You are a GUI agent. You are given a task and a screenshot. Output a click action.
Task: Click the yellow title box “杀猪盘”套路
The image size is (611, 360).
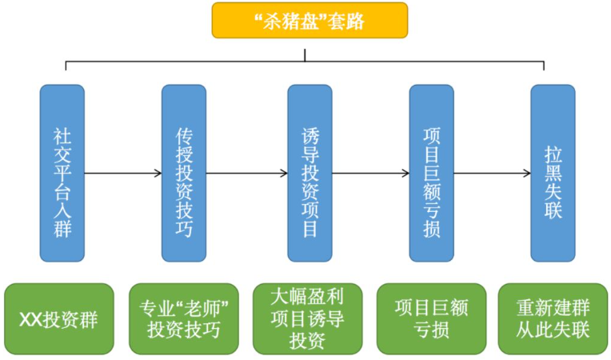tap(309, 20)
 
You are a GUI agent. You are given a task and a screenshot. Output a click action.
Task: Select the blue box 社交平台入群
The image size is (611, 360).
tap(62, 173)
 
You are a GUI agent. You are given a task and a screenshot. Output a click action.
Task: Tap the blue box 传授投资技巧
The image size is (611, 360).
tap(184, 173)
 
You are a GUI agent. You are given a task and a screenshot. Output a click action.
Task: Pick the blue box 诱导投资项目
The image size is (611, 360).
tap(309, 173)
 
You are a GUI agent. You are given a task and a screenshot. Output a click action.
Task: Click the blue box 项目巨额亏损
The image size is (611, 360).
tap(431, 173)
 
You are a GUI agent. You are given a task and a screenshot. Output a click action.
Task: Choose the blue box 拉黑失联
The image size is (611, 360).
tap(553, 173)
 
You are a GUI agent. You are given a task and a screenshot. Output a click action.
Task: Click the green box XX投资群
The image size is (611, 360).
tap(59, 318)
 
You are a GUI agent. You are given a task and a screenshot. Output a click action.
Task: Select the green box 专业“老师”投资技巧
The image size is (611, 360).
tap(183, 318)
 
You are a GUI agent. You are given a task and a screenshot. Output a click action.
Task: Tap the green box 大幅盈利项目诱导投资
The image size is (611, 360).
tap(307, 318)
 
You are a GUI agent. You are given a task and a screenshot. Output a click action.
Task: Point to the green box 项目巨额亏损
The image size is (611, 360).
tap(431, 318)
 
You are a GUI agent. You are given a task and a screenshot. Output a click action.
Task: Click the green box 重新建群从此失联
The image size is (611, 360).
tap(553, 318)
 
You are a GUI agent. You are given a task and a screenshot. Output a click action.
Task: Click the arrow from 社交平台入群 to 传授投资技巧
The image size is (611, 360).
tap(123, 173)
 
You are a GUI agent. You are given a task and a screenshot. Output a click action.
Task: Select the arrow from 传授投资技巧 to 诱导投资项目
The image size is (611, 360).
tap(247, 173)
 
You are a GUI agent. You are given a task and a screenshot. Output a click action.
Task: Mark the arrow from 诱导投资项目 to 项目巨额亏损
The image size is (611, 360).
tap(370, 173)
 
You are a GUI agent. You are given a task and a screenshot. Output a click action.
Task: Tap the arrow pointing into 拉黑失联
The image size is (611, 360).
tap(492, 173)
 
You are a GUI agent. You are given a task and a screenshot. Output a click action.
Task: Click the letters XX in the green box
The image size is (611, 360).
tap(30, 320)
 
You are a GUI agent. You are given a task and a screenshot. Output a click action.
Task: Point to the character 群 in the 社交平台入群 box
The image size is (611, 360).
tap(62, 228)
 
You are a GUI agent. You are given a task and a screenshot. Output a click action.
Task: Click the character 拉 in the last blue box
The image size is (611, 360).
tap(553, 155)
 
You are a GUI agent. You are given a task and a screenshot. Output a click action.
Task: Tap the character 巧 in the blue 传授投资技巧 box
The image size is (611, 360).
tap(184, 228)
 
